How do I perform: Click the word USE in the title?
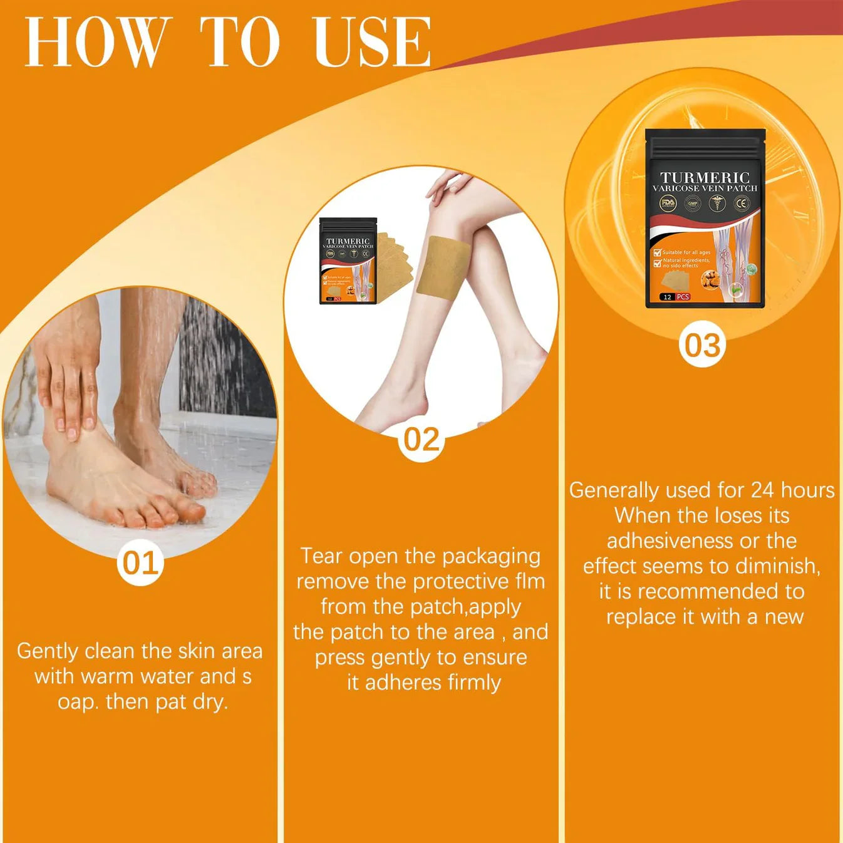[x=371, y=42]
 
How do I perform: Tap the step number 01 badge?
[x=140, y=563]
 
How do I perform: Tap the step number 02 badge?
[x=421, y=440]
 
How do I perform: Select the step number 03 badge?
[x=702, y=345]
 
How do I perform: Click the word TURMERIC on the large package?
[x=705, y=178]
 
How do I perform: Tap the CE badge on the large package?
[x=742, y=204]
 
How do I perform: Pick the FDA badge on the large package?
[x=668, y=204]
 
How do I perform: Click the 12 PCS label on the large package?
[x=675, y=297]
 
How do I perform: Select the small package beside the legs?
[x=348, y=261]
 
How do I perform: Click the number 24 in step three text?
[x=762, y=490]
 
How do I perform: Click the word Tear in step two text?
[x=321, y=556]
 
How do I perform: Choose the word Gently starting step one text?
[x=48, y=651]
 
